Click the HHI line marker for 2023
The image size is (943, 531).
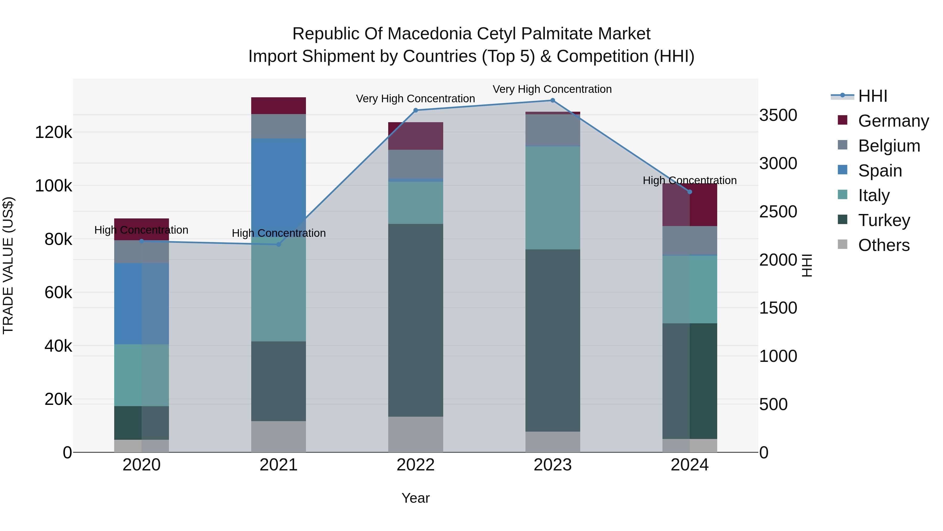[552, 100]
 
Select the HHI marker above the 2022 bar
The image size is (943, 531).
[415, 110]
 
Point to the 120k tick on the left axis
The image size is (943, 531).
[53, 132]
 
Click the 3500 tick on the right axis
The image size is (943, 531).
[778, 115]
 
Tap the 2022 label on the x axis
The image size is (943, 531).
[415, 465]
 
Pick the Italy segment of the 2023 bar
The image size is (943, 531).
[552, 198]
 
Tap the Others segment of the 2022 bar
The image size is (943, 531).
[415, 434]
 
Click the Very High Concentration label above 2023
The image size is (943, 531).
[552, 89]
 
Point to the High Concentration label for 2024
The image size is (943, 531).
[689, 181]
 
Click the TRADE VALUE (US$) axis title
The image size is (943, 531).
[8, 265]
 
